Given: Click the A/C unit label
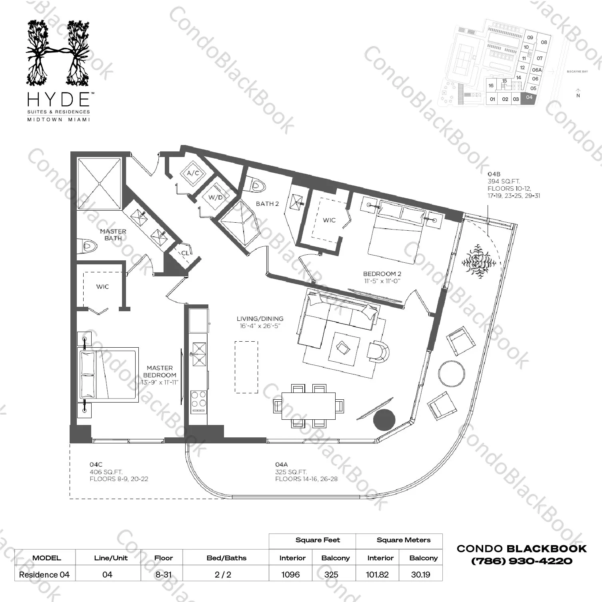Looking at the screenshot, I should (x=193, y=173).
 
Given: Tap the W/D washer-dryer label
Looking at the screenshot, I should (x=215, y=197).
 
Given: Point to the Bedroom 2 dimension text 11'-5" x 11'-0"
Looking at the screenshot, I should (x=382, y=281).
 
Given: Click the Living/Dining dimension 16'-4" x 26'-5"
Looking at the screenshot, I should (x=260, y=326).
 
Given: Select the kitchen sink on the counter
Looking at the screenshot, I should (x=198, y=354).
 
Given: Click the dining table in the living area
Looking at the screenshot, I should (x=308, y=406).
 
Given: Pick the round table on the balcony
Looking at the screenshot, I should (x=452, y=373).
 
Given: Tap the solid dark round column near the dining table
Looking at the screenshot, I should (x=384, y=420).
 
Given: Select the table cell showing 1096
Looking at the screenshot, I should (x=291, y=574).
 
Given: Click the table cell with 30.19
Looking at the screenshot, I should (x=420, y=574).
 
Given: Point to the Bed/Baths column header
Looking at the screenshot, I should (x=226, y=558).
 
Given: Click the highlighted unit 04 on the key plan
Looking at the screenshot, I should (x=529, y=98).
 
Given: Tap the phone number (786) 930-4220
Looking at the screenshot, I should (x=522, y=561).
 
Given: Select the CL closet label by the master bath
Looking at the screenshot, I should (x=185, y=253).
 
